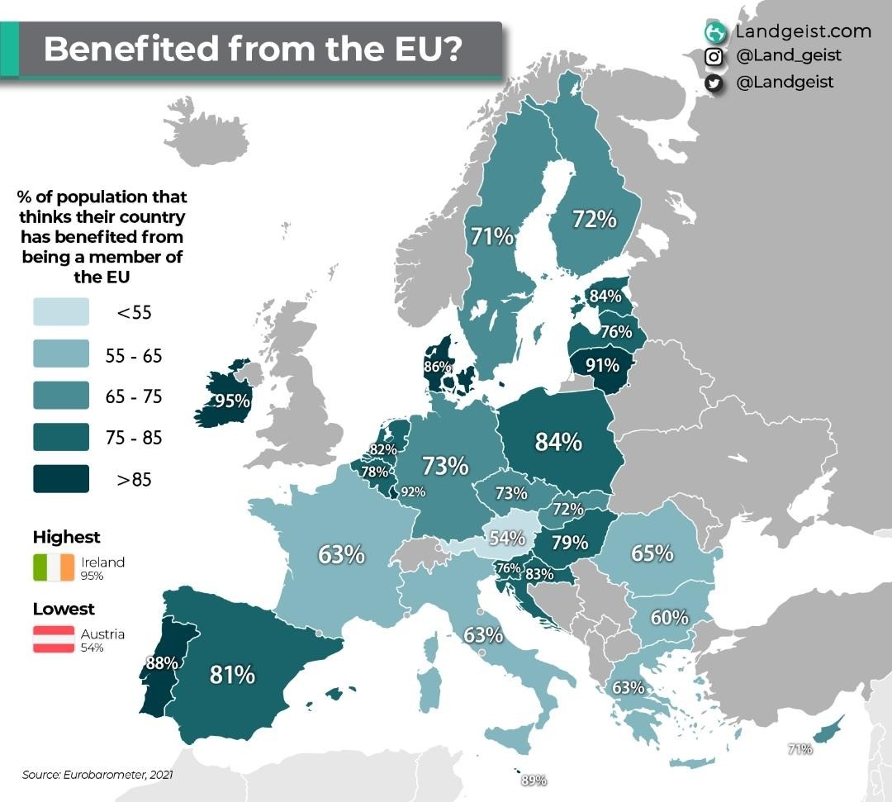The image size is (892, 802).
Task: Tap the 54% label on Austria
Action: click(507, 538)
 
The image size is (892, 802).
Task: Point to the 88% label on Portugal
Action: click(161, 662)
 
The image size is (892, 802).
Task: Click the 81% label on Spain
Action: click(232, 675)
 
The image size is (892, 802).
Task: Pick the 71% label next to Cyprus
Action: click(799, 749)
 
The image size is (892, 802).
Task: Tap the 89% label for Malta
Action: click(534, 780)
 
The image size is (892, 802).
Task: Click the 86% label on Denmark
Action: click(437, 367)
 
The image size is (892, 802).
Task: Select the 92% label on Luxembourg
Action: click(412, 492)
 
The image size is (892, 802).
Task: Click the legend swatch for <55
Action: click(61, 312)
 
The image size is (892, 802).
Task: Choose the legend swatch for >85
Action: click(61, 479)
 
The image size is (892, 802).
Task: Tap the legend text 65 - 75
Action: click(135, 396)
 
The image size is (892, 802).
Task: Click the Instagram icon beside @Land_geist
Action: click(714, 57)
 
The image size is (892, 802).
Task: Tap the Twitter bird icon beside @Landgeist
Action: click(714, 83)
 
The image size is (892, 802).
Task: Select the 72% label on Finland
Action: click(595, 220)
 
